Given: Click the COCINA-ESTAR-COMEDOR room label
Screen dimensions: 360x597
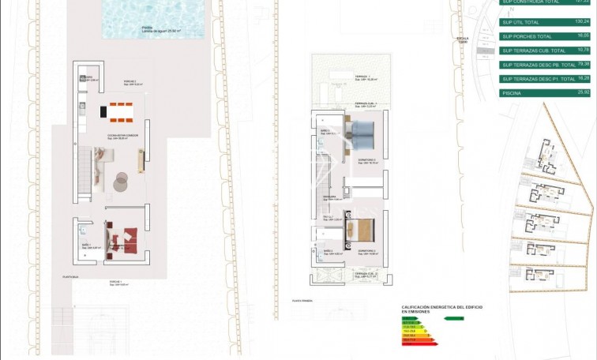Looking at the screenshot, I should point(121,135).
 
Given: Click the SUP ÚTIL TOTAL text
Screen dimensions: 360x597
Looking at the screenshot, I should point(521,22).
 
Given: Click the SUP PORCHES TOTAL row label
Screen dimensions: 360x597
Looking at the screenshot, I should point(526,36).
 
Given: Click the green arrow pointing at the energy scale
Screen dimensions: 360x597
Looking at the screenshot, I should point(453,318).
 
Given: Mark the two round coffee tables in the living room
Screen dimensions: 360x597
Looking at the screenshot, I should point(121,181).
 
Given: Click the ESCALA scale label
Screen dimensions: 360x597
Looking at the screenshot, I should point(463,38).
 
